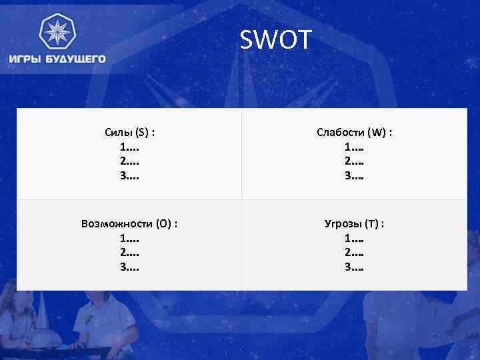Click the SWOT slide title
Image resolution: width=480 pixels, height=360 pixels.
[x=275, y=41]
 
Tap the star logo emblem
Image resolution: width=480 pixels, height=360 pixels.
[x=57, y=32]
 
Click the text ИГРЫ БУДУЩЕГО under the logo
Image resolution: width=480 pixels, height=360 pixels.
[x=57, y=59]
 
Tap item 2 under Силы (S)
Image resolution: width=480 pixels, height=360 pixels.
[x=129, y=161]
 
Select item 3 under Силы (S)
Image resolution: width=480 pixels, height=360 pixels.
[x=129, y=176]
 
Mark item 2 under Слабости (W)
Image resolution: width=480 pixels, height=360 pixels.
[x=354, y=161]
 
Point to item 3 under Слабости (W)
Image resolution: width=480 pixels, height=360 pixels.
[x=354, y=176]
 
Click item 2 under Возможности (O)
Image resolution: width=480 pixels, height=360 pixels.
[x=129, y=253]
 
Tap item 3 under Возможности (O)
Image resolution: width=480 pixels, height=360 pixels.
[x=129, y=267]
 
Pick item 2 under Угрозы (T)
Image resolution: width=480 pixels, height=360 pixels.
[x=354, y=253]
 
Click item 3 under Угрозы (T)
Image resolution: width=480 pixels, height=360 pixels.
[x=354, y=267]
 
